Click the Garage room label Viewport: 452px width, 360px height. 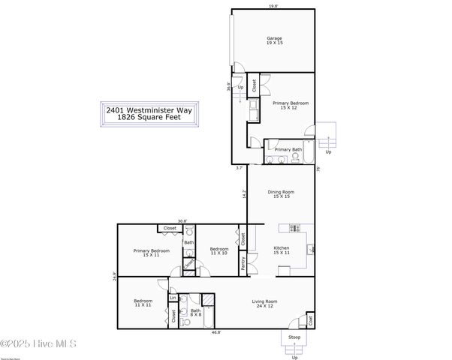pos(274,40)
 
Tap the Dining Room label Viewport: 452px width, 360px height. pos(282,193)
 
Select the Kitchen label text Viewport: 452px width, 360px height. pos(282,250)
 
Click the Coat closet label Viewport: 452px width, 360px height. pos(310,322)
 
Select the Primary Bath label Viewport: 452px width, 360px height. pos(288,149)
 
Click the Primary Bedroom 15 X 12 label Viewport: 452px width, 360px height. pos(290,105)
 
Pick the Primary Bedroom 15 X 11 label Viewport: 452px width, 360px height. pos(151,253)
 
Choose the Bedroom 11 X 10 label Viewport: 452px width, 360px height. pos(219,251)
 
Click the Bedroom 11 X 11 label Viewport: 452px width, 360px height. pos(143,304)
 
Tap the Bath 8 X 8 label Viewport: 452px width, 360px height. pos(195,313)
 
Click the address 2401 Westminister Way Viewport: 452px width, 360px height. pos(149,110)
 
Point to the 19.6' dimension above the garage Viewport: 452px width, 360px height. pos(273,6)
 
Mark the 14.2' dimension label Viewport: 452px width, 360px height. pos(244,193)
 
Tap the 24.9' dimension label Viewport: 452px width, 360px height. pos(114,275)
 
